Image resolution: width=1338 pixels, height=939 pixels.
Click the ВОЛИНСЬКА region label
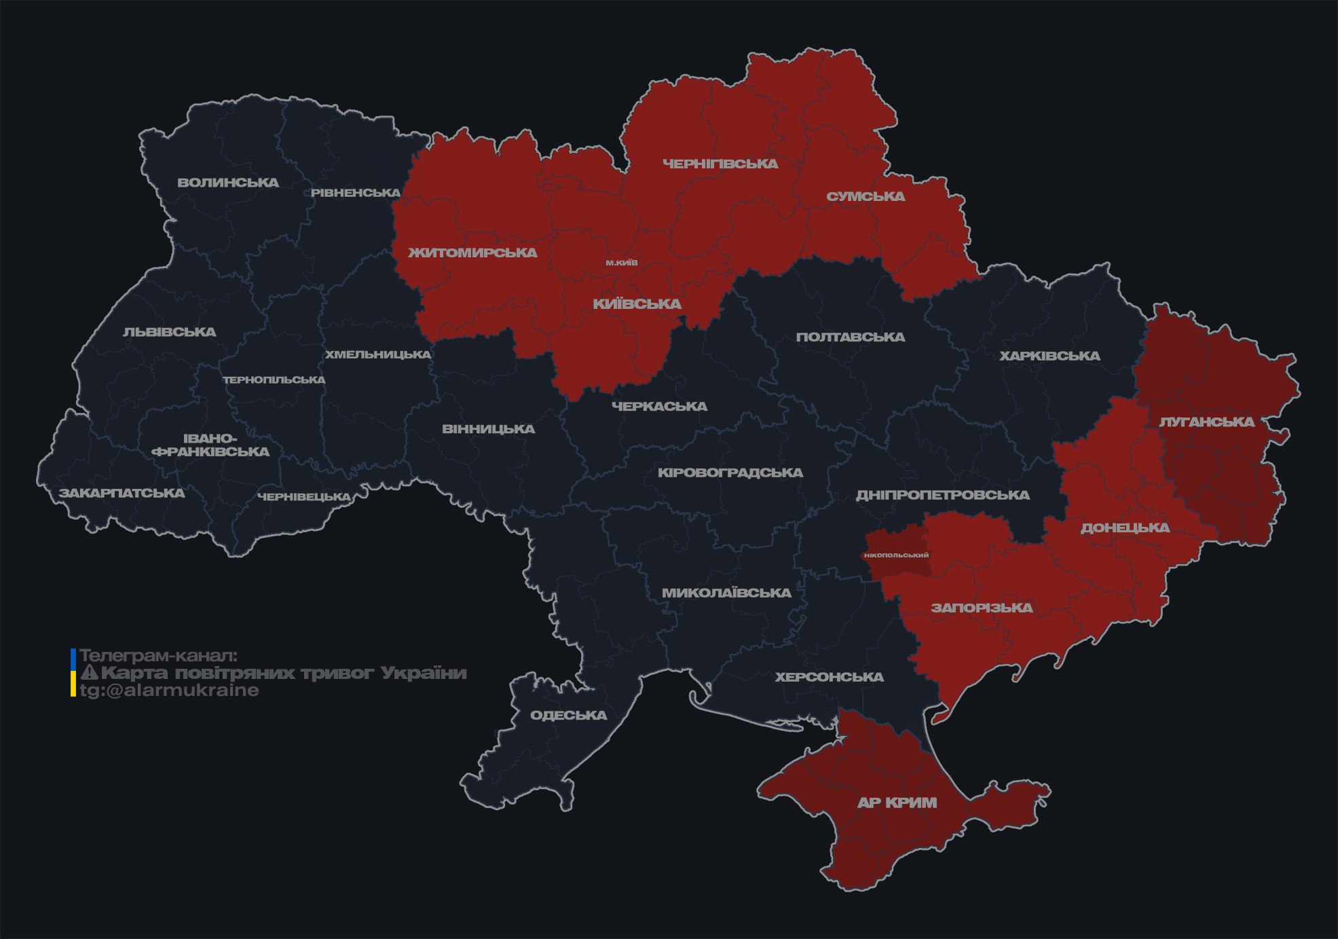(x=228, y=183)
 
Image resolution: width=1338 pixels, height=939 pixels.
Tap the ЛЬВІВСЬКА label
(x=170, y=332)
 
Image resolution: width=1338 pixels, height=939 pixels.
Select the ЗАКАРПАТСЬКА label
(x=122, y=493)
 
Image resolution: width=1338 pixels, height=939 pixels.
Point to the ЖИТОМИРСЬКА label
(x=472, y=253)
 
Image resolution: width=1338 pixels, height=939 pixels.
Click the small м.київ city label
(x=622, y=263)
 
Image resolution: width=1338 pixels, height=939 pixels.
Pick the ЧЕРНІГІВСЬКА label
(x=720, y=164)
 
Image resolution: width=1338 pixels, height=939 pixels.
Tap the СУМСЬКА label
(x=866, y=196)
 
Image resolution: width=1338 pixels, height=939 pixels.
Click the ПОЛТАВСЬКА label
(x=850, y=337)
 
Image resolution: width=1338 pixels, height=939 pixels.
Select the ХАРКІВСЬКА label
(x=1049, y=356)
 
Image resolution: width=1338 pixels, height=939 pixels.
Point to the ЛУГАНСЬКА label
(x=1206, y=422)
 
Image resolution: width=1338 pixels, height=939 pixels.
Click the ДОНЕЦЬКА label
(x=1125, y=528)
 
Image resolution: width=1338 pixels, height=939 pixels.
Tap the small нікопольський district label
(x=896, y=555)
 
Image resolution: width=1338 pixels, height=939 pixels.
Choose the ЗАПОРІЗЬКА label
(x=982, y=608)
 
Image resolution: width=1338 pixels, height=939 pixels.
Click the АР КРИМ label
(x=897, y=803)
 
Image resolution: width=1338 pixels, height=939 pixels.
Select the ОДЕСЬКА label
(x=568, y=715)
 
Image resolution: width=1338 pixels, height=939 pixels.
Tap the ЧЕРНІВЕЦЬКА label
(x=304, y=497)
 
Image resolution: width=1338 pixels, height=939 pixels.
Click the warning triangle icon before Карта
(x=89, y=673)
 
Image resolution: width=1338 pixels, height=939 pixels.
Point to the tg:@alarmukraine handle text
(x=169, y=691)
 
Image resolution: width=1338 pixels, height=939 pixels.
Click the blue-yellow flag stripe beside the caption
(x=73, y=672)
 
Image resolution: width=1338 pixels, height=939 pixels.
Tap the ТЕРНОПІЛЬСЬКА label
(x=274, y=380)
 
